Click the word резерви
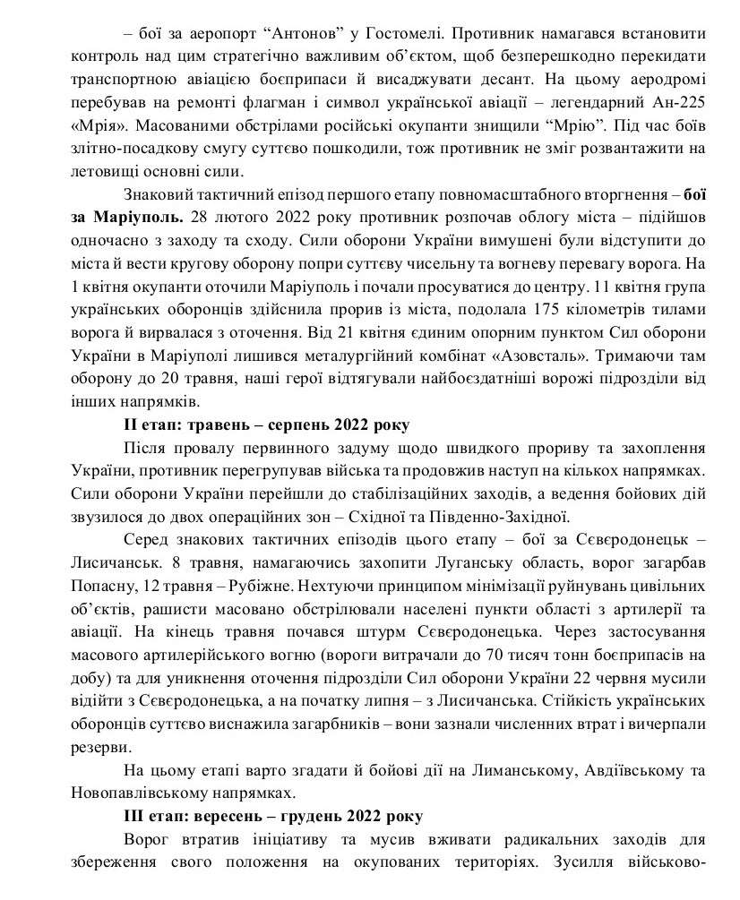pos(97,744)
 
